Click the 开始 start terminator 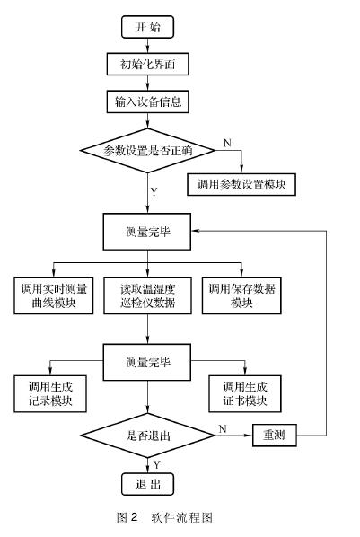tap(147, 27)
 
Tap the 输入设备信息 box tap(147, 102)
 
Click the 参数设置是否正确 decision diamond tap(147, 147)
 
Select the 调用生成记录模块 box tap(51, 392)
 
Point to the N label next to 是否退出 tap(222, 428)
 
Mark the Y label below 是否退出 tap(156, 465)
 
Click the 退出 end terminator tap(147, 486)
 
